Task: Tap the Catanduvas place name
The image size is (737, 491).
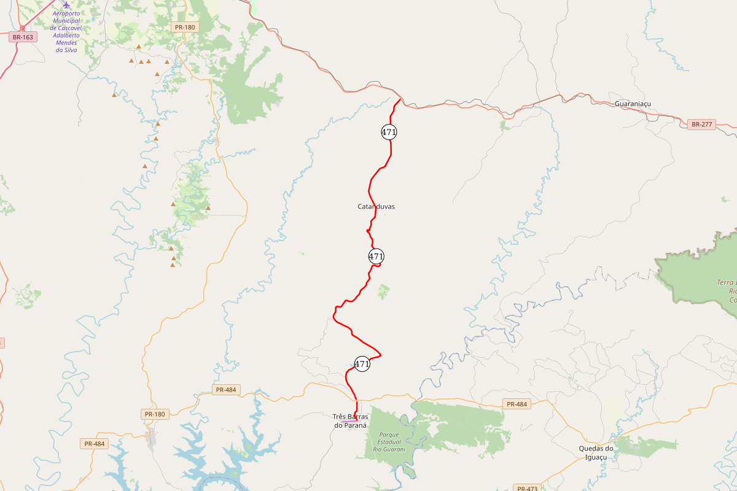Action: pos(376,207)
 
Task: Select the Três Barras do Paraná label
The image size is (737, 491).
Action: pos(350,420)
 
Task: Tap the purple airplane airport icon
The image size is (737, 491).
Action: pos(66,5)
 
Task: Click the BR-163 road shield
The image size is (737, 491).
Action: pos(23,37)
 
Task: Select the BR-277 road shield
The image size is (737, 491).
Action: pos(701,125)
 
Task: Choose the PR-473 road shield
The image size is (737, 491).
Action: pos(527,489)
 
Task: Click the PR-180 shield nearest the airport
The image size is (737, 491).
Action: pos(184,27)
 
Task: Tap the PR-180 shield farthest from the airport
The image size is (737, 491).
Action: pos(155,414)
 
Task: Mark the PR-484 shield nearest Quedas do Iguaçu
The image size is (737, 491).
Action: pos(517,404)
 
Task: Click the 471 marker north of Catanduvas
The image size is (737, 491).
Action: pos(389,132)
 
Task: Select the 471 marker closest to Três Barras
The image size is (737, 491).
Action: pos(362,364)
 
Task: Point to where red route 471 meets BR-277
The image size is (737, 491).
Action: pos(400,99)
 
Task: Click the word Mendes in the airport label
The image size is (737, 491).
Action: pos(66,42)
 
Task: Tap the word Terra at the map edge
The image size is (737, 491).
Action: pos(727,282)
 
